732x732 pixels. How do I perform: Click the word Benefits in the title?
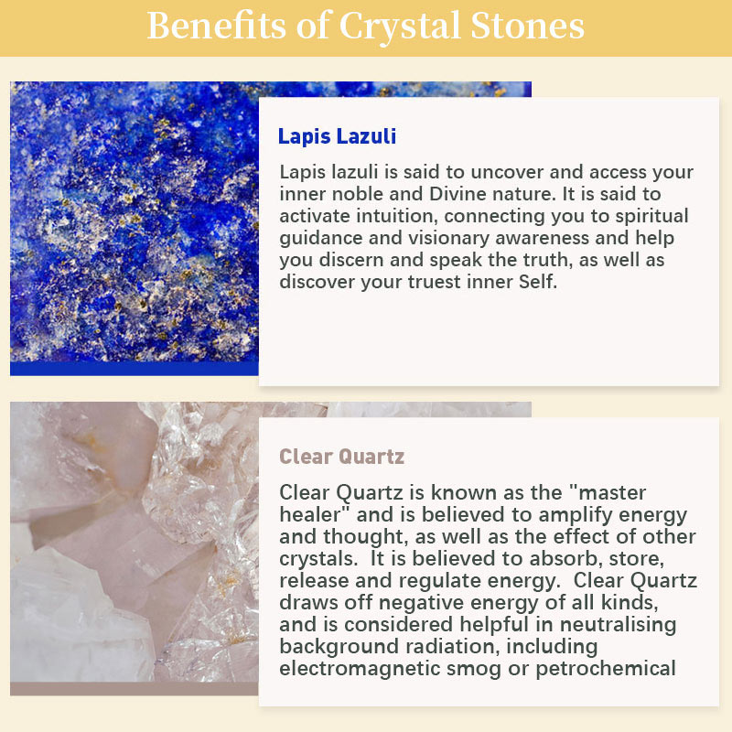(x=216, y=26)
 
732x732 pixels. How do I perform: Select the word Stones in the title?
(x=528, y=26)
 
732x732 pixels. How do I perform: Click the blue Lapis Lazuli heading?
(x=337, y=136)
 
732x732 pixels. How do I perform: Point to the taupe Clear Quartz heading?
(x=341, y=457)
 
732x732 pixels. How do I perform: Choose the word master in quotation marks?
(x=612, y=493)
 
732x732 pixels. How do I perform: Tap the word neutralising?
(x=618, y=626)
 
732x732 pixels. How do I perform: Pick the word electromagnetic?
(x=360, y=669)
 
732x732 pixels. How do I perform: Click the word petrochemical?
(x=606, y=670)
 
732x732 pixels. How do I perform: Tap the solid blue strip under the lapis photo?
(x=134, y=369)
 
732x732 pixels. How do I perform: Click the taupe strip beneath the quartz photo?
(x=134, y=689)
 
